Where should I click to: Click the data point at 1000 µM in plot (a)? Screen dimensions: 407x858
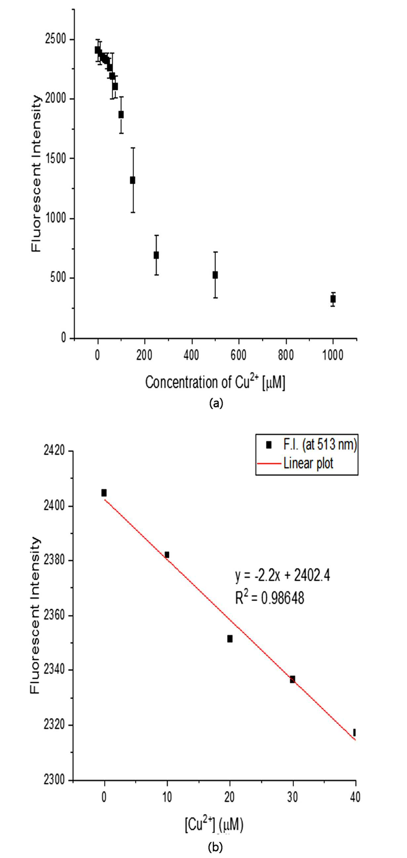(x=333, y=299)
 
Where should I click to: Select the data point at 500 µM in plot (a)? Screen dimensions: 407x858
(x=215, y=275)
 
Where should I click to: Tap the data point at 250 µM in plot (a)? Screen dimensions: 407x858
(x=156, y=255)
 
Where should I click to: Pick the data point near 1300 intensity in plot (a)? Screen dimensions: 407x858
(x=132, y=180)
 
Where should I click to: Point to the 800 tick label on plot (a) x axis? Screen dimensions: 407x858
(x=286, y=356)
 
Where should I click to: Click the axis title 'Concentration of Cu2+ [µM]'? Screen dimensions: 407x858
(x=215, y=382)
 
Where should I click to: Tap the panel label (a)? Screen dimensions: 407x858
(x=216, y=403)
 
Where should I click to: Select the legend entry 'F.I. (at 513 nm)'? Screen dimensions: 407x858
(x=311, y=445)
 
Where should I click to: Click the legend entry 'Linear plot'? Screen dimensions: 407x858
(x=295, y=463)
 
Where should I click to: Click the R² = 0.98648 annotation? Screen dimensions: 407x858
(x=270, y=597)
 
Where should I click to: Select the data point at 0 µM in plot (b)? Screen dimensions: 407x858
(x=104, y=493)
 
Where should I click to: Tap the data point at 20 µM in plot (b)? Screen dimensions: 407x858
(x=230, y=638)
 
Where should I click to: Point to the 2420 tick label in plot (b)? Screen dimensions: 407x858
(x=55, y=451)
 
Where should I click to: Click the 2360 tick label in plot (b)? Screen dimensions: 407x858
(x=55, y=616)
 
